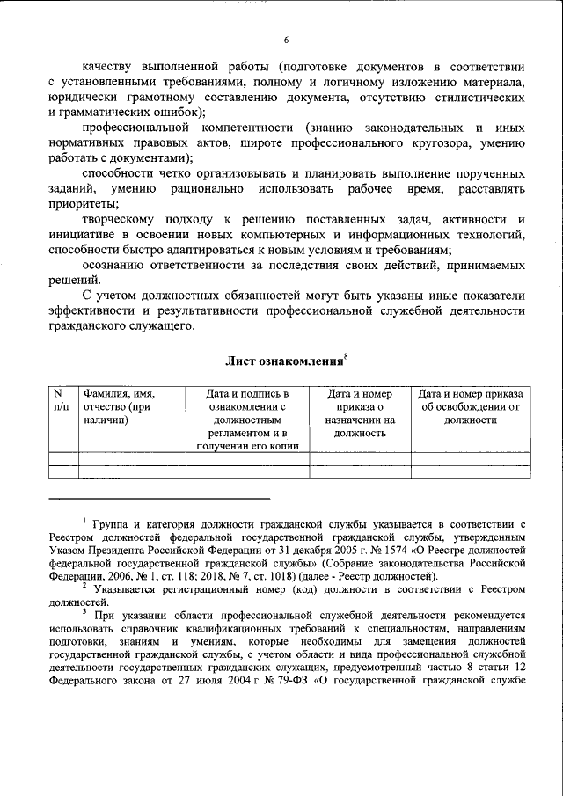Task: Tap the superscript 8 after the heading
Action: tap(346, 354)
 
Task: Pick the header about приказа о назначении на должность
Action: tap(361, 413)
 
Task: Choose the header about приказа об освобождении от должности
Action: tap(471, 407)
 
